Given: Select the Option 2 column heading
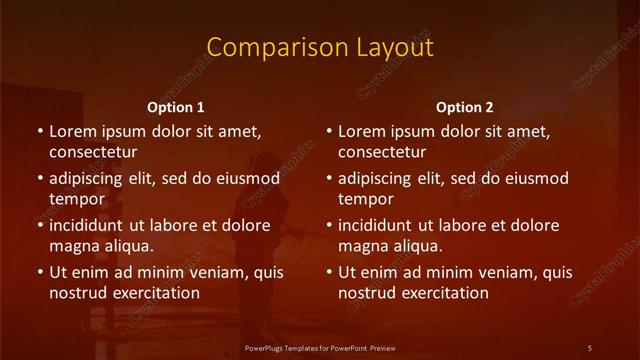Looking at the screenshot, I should pyautogui.click(x=464, y=107).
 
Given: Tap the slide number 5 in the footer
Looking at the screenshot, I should pyautogui.click(x=589, y=347).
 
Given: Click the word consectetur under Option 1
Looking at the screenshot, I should pyautogui.click(x=93, y=152).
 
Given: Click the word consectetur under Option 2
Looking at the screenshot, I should pyautogui.click(x=382, y=152).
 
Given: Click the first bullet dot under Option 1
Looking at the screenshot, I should pyautogui.click(x=40, y=132).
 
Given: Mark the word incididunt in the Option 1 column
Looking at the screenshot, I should pyautogui.click(x=90, y=225).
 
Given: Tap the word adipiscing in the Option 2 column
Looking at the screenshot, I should pyautogui.click(x=378, y=179).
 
